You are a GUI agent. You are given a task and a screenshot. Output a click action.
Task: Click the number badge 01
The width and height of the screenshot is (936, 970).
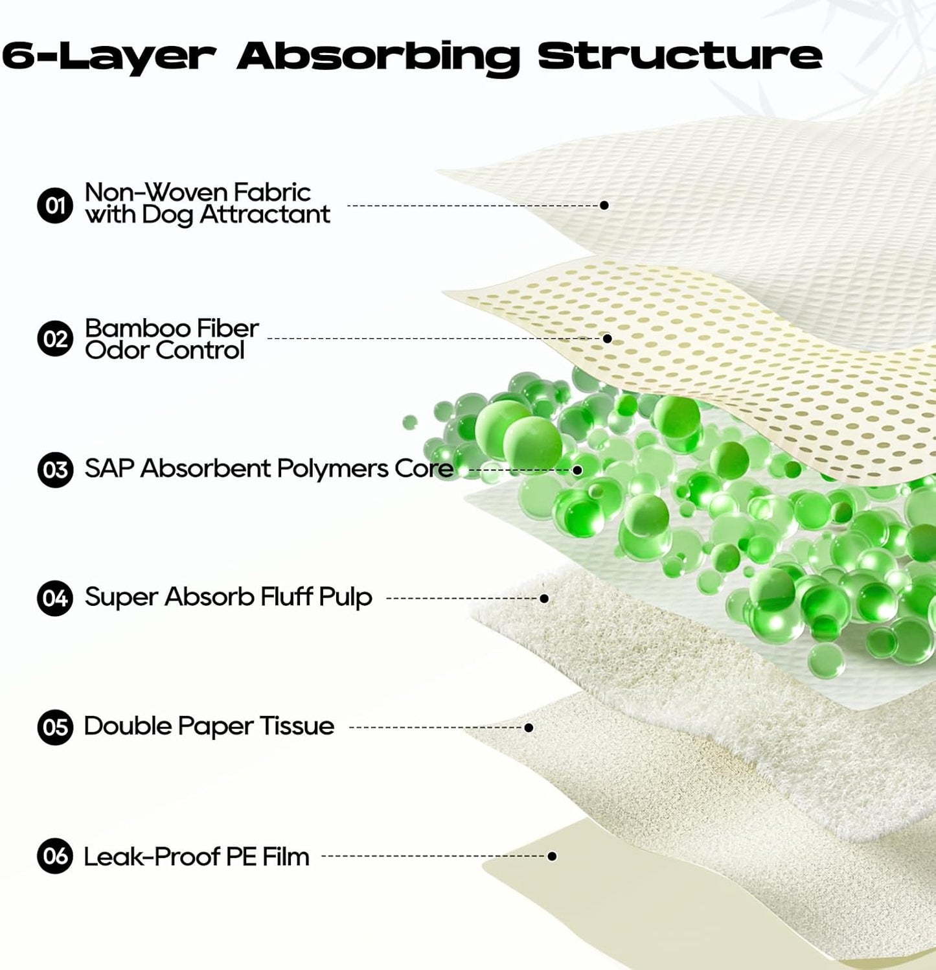pos(55,205)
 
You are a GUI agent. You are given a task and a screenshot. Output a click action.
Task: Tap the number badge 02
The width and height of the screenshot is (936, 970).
pos(55,339)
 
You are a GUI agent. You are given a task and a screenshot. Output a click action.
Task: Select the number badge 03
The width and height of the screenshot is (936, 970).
pos(55,469)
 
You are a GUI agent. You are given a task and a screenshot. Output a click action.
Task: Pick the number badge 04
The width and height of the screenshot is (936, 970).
pos(55,597)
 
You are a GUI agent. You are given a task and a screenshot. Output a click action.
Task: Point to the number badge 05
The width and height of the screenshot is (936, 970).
pos(55,727)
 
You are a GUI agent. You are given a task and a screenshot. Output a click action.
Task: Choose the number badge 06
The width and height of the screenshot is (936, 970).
pos(55,856)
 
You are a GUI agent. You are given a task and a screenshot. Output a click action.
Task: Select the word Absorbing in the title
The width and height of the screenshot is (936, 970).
pos(378,57)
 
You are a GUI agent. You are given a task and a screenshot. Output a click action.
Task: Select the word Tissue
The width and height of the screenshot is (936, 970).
pos(297,726)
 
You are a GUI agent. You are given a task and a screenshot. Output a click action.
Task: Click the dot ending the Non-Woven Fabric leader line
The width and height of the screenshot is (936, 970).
pos(604,205)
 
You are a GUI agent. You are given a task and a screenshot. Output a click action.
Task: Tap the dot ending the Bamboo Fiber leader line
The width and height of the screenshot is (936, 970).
pos(608,338)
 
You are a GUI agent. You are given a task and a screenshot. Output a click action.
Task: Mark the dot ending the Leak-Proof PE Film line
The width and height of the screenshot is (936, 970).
pos(552,856)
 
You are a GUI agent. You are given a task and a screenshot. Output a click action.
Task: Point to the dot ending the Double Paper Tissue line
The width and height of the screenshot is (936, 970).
pos(529,728)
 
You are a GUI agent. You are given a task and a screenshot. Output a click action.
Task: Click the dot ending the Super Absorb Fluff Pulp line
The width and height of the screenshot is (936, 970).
pos(544,598)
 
